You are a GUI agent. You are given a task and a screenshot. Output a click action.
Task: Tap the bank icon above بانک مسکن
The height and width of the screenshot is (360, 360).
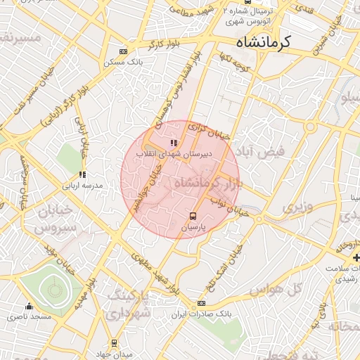[x=124, y=51]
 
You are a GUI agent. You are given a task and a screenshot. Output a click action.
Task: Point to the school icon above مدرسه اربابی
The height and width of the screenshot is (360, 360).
[x=82, y=174]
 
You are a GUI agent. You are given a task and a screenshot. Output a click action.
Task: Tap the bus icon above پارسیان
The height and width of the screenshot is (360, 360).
[x=193, y=216]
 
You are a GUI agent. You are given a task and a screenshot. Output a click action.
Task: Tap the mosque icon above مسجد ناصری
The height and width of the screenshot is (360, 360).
[x=29, y=306]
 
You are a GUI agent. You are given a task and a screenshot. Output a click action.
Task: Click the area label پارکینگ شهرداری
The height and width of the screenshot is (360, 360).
[x=130, y=302]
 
